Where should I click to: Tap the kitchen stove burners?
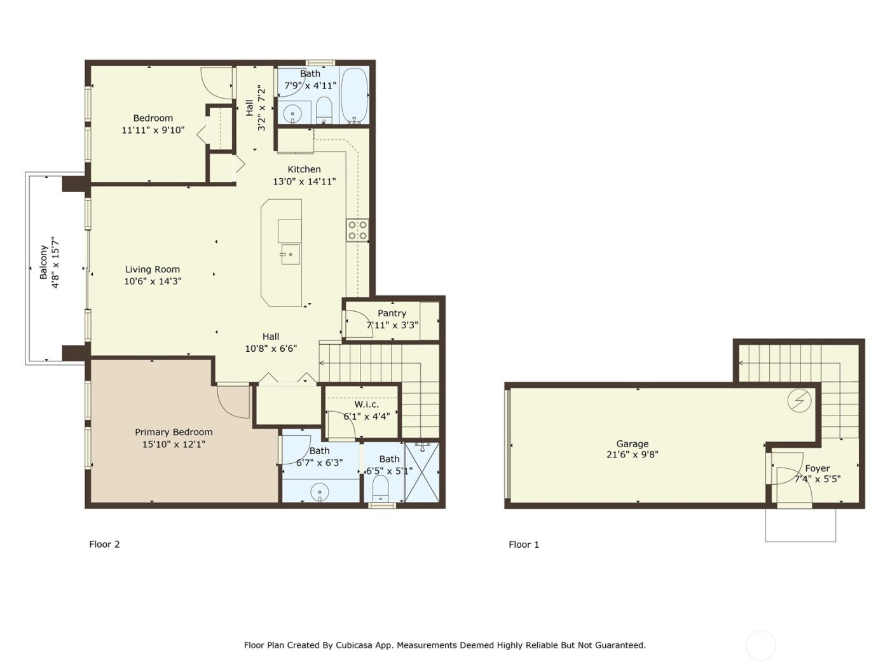pyautogui.click(x=357, y=230)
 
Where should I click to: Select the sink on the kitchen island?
pyautogui.click(x=289, y=254)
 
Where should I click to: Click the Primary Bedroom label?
pyautogui.click(x=174, y=432)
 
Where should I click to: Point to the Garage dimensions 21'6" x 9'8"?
pyautogui.click(x=632, y=455)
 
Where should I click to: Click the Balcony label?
pyautogui.click(x=43, y=263)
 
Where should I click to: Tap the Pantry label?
pyautogui.click(x=392, y=313)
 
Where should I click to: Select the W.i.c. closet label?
pyautogui.click(x=366, y=405)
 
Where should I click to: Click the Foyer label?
pyautogui.click(x=817, y=468)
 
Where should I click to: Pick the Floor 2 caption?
pyautogui.click(x=104, y=544)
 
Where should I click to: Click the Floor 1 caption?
pyautogui.click(x=524, y=545)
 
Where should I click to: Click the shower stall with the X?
pyautogui.click(x=421, y=473)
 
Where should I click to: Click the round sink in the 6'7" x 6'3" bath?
pyautogui.click(x=319, y=492)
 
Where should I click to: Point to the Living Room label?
pyautogui.click(x=152, y=269)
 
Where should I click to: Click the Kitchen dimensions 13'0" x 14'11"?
pyautogui.click(x=304, y=181)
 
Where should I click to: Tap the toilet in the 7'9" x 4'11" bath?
pyautogui.click(x=324, y=111)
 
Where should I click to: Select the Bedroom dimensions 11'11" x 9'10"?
pyautogui.click(x=153, y=130)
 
